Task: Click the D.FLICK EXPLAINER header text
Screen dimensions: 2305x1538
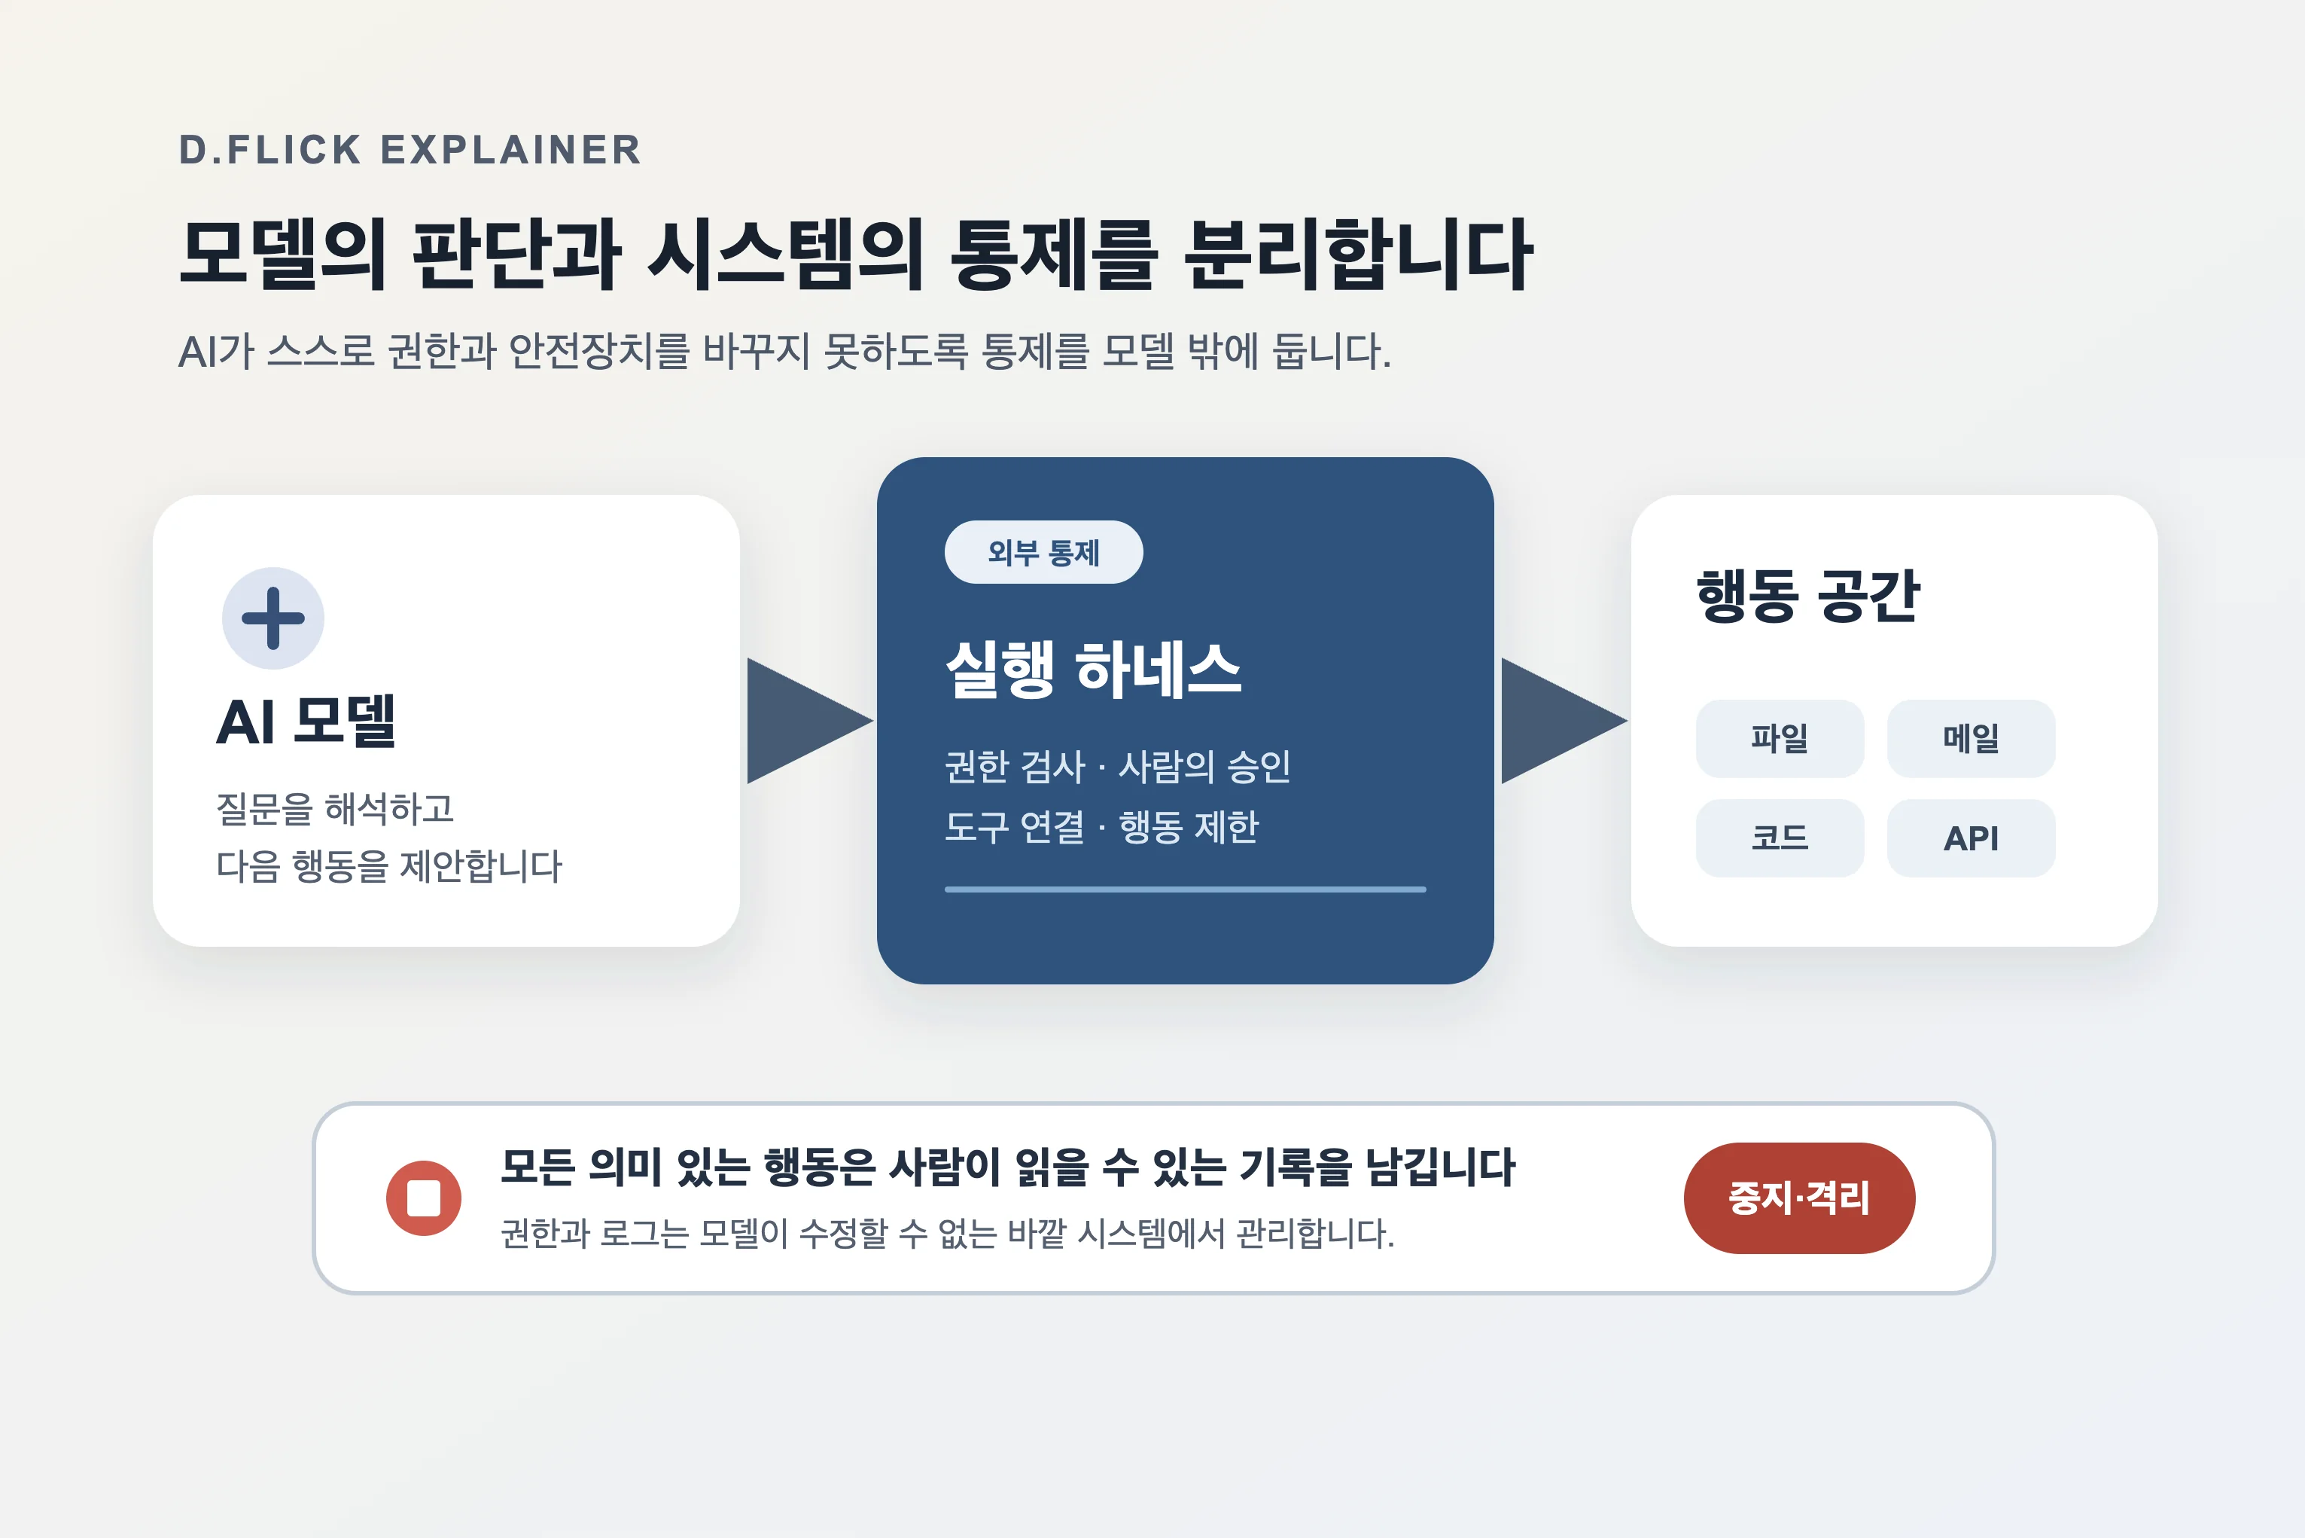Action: pyautogui.click(x=410, y=150)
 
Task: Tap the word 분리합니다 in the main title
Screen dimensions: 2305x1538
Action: pyautogui.click(x=1358, y=254)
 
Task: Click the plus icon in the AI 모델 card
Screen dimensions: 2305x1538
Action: pyautogui.click(x=273, y=618)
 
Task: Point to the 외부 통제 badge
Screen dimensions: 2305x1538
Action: pyautogui.click(x=1043, y=552)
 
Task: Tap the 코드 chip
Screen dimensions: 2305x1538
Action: pyautogui.click(x=1780, y=838)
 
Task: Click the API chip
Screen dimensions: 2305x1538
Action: pyautogui.click(x=1971, y=838)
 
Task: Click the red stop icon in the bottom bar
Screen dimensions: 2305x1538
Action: pyautogui.click(x=424, y=1198)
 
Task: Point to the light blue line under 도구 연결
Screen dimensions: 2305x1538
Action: pyautogui.click(x=1186, y=890)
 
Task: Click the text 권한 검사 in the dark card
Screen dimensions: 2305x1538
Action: pyautogui.click(x=1015, y=767)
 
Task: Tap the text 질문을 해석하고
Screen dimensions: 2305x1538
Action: pyautogui.click(x=335, y=809)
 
